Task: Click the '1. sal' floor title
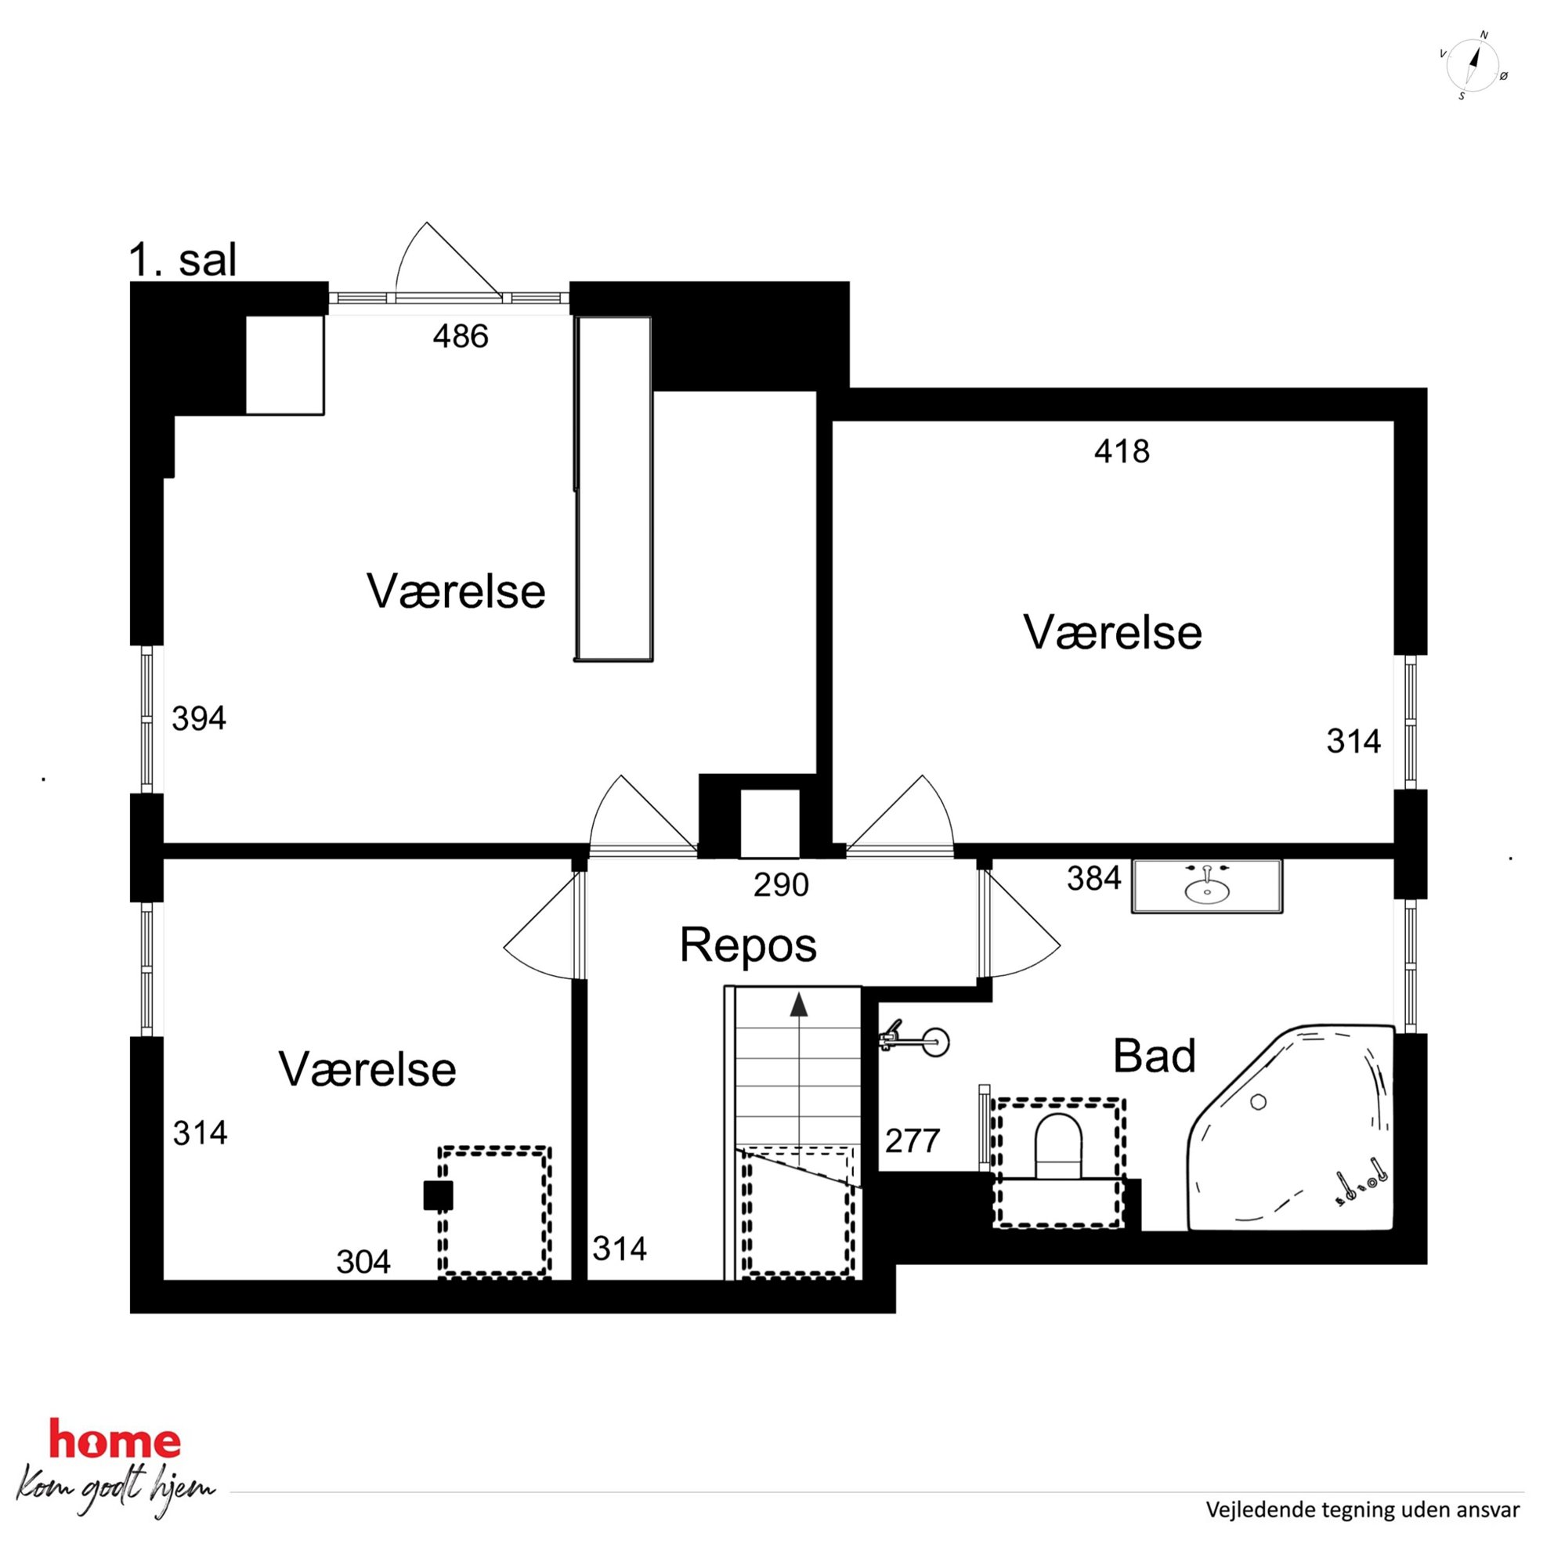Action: (183, 261)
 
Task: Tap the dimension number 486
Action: (460, 336)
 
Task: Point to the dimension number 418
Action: (1122, 451)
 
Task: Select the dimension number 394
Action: (199, 718)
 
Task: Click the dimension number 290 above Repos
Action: (781, 885)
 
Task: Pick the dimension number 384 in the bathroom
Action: (1094, 878)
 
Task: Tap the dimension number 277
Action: (913, 1140)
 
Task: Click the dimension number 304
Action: (363, 1262)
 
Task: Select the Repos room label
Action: (748, 945)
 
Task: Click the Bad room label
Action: (1155, 1055)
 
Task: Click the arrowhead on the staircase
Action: (798, 1004)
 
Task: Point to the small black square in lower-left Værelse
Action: (439, 1195)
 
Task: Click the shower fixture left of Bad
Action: (915, 1041)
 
